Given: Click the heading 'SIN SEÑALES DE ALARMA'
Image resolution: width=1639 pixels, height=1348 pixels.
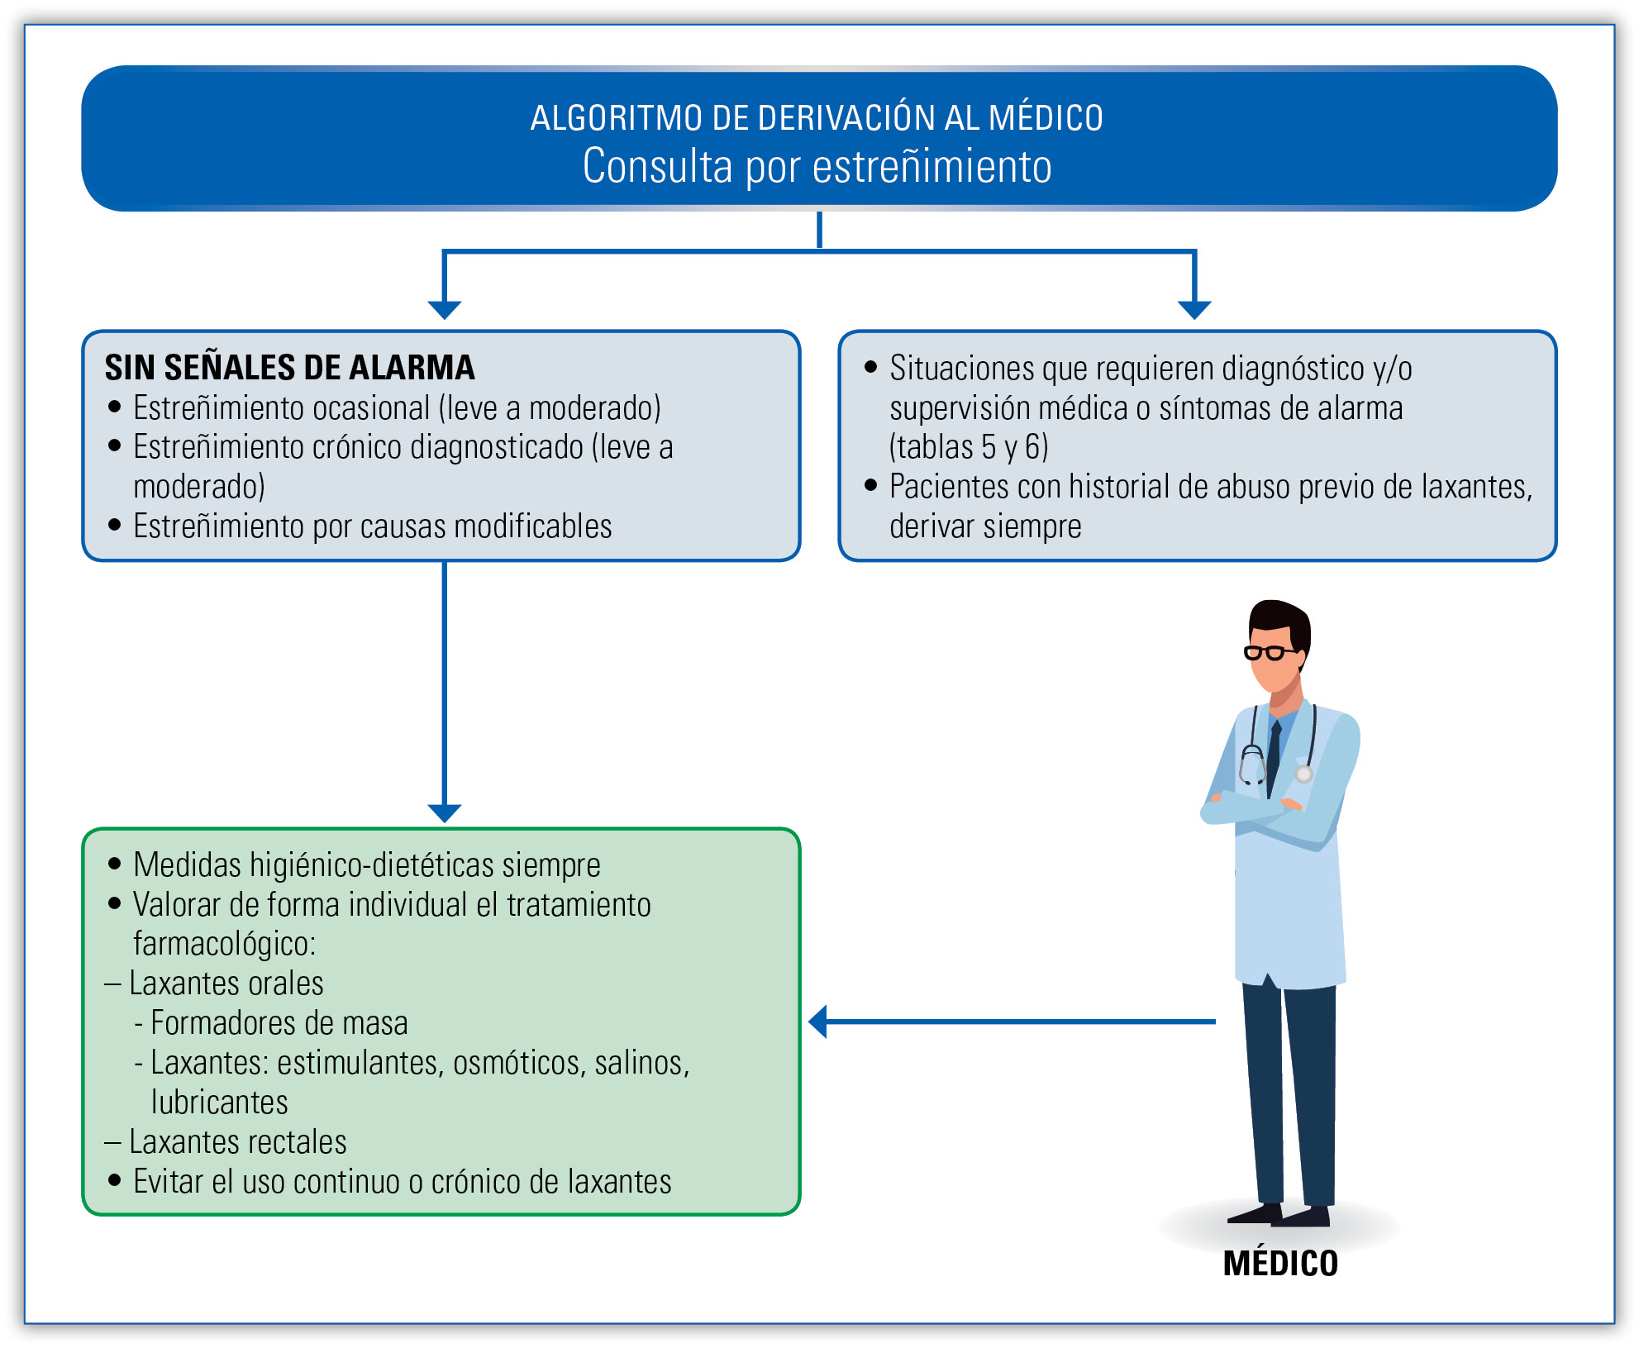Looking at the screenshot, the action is (x=289, y=367).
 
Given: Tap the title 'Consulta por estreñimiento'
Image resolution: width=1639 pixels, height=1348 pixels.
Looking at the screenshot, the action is (x=817, y=166).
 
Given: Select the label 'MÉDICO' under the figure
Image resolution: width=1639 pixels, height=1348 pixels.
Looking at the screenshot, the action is (x=1280, y=1263).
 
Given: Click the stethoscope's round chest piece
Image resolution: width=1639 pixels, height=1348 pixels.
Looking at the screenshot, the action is (x=1303, y=774).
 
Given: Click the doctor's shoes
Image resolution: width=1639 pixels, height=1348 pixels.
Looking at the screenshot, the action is (x=1279, y=1215).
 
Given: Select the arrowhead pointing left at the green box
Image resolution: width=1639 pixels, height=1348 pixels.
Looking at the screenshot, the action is (x=817, y=1022).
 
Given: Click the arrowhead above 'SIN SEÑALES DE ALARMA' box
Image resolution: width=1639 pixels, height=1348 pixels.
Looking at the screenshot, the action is (x=445, y=310).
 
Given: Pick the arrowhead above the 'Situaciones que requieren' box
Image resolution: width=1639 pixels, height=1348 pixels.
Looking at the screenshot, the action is (x=1194, y=310).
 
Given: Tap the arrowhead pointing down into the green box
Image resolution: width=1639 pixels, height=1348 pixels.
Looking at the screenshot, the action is (x=445, y=813).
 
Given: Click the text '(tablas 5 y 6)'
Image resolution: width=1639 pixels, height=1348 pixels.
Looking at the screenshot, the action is (x=969, y=447).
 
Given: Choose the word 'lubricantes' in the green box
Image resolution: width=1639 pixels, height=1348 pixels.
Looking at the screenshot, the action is (x=219, y=1102).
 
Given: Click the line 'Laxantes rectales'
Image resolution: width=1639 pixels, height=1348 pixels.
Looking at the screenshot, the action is (x=226, y=1141).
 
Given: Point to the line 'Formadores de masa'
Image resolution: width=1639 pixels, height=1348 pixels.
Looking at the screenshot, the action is (x=271, y=1023).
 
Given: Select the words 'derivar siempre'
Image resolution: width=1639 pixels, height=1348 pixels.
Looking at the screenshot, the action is (x=985, y=526).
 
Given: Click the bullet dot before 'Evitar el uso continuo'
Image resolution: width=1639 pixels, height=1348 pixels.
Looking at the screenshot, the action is (x=115, y=1180).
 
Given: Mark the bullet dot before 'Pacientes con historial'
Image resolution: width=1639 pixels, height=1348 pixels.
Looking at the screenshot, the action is (x=870, y=485).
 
